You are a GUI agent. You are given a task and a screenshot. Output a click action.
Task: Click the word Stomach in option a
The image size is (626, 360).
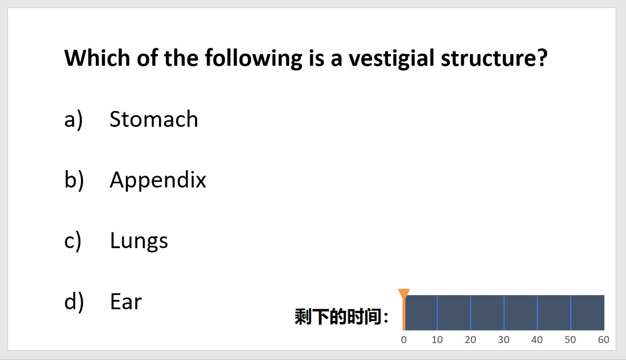click(154, 119)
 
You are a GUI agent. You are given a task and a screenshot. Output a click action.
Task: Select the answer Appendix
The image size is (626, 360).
click(158, 180)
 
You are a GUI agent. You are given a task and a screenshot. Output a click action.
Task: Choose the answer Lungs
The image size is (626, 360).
click(139, 241)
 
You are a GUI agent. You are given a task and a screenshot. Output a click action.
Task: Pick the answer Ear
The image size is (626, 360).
click(126, 302)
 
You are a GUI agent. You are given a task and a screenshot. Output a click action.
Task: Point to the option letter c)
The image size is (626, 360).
click(73, 242)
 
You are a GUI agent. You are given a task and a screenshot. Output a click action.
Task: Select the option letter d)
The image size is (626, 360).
click(74, 302)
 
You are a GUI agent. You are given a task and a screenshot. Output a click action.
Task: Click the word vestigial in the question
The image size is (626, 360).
click(391, 58)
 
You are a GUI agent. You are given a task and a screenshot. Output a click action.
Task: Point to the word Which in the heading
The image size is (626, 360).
click(97, 58)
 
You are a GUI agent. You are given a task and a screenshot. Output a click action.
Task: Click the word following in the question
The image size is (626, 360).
click(253, 58)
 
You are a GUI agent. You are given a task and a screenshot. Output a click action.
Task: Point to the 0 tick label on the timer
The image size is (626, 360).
click(404, 340)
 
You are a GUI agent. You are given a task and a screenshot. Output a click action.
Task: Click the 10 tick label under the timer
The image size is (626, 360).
click(437, 340)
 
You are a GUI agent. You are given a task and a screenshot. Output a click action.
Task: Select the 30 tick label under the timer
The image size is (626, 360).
click(504, 340)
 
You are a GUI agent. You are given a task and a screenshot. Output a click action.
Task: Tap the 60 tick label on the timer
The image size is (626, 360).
click(603, 340)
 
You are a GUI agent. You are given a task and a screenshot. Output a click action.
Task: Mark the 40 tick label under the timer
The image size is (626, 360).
click(537, 340)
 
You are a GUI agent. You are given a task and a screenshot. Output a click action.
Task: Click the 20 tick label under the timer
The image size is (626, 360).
click(470, 340)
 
